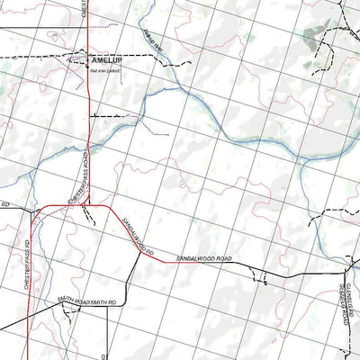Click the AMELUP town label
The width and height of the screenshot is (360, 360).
click(x=110, y=61)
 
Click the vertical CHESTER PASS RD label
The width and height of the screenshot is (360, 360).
click(x=28, y=260)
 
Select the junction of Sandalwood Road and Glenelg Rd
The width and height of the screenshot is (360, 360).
click(x=347, y=269)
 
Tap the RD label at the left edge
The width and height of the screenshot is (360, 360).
click(x=4, y=205)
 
